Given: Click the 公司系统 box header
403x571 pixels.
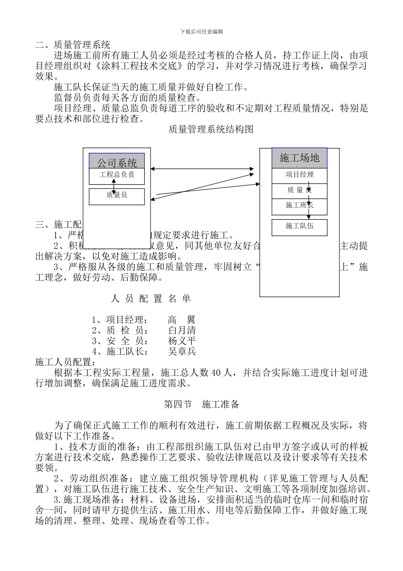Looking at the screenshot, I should click(x=117, y=161).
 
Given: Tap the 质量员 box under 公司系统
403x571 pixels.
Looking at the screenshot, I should click(x=117, y=196).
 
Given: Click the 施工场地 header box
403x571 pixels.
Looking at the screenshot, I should click(x=299, y=158).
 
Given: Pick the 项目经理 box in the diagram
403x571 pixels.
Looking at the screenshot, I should click(x=299, y=175).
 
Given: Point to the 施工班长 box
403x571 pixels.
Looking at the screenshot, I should click(x=299, y=206).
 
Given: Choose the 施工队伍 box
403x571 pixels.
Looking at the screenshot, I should click(x=299, y=226).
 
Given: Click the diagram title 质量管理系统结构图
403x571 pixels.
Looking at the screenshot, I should click(x=211, y=130).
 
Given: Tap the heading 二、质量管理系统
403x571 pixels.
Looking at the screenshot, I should click(x=73, y=45).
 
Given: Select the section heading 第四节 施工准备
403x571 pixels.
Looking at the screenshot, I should click(x=201, y=404).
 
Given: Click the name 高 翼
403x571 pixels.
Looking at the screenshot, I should click(x=182, y=320).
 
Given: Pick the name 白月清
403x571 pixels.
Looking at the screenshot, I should click(x=182, y=331).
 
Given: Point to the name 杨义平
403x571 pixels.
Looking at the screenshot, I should click(x=182, y=341).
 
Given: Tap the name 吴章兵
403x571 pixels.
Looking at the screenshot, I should click(x=182, y=352).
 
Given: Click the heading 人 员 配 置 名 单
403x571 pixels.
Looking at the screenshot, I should click(x=151, y=299).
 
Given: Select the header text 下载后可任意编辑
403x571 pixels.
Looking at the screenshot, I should click(x=201, y=32).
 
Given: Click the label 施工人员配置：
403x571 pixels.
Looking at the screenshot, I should click(x=66, y=362).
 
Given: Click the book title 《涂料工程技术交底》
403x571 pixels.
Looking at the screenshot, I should click(x=139, y=66).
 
